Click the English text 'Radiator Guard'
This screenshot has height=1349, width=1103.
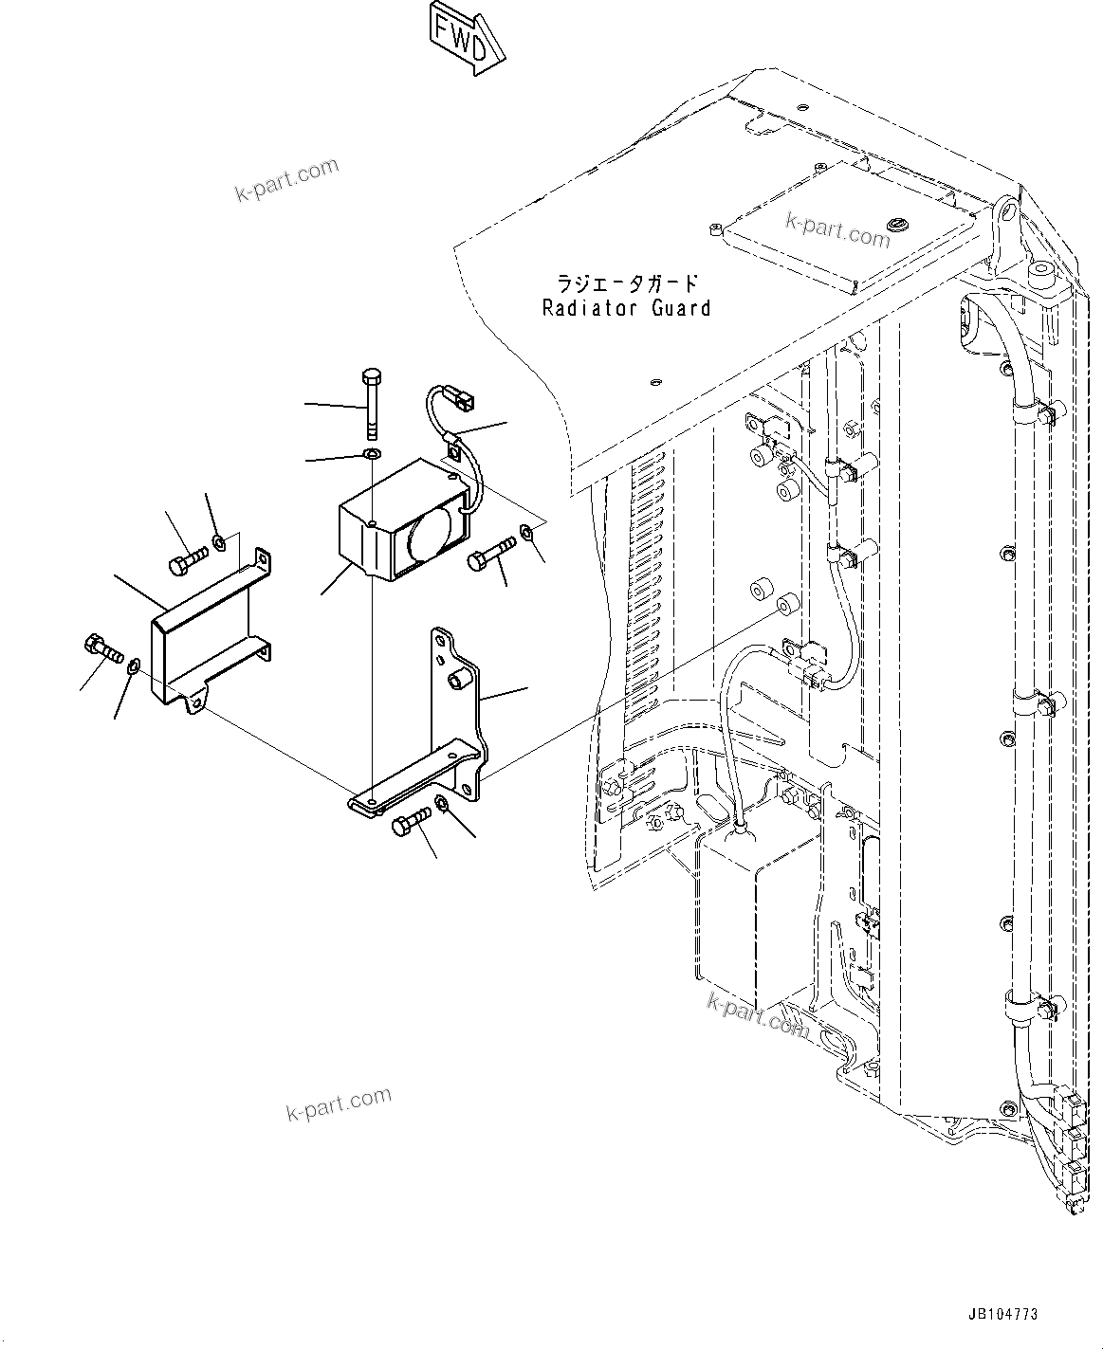click(626, 308)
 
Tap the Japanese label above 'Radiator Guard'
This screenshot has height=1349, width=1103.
click(627, 283)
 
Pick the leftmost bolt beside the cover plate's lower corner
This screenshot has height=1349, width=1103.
click(101, 651)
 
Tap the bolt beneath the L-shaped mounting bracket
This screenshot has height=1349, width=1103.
click(411, 822)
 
